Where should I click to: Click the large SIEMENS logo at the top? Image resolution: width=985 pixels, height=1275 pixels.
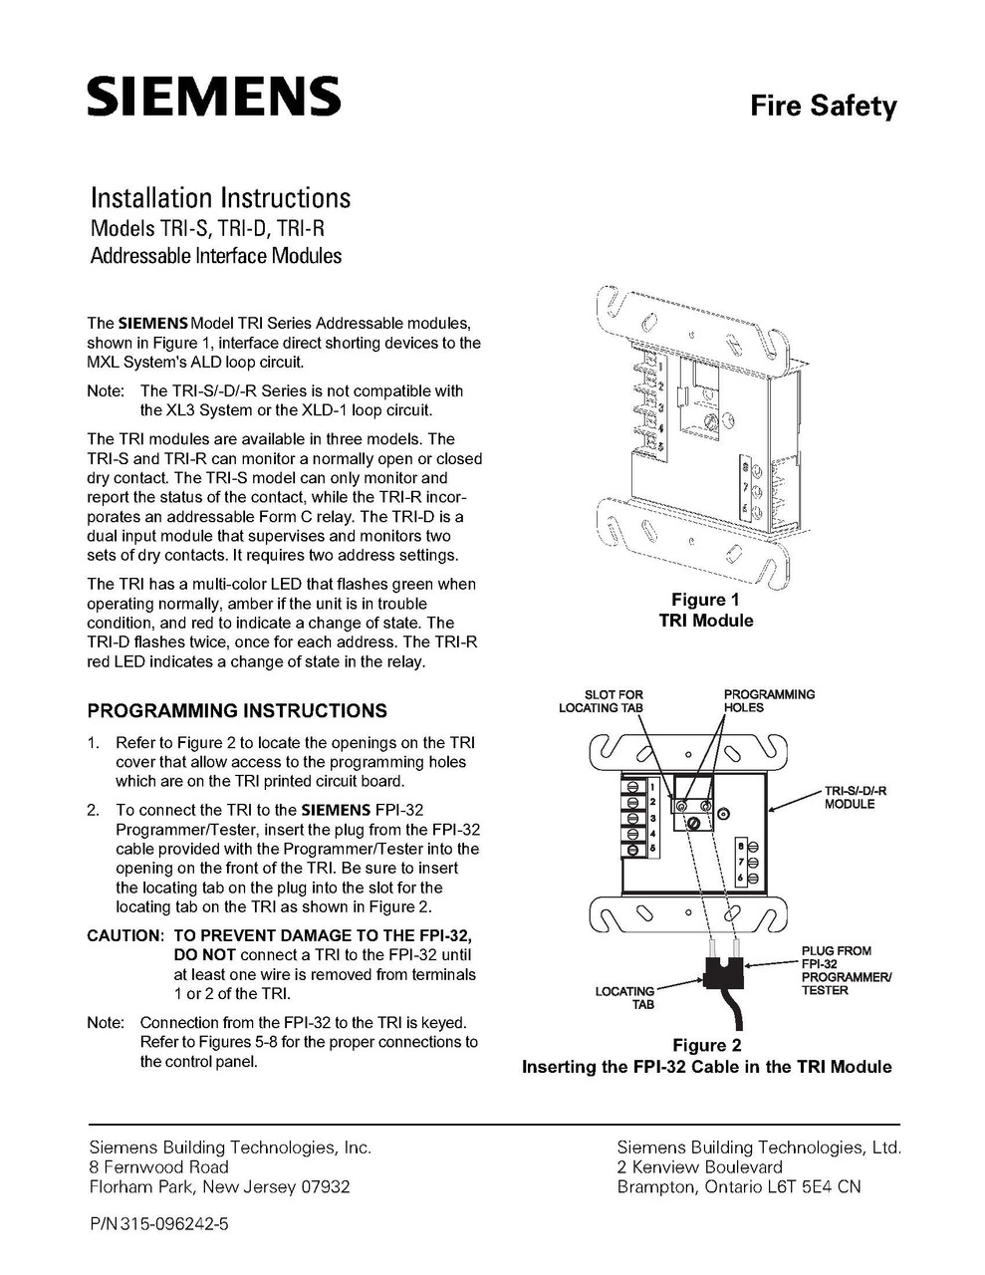(213, 98)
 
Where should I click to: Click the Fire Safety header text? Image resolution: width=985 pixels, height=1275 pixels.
(823, 107)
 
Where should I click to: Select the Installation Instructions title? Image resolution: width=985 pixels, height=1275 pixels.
(220, 197)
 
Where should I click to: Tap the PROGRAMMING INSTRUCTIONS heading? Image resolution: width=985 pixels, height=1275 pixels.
(237, 711)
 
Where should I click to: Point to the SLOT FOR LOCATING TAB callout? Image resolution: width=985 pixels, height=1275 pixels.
(601, 701)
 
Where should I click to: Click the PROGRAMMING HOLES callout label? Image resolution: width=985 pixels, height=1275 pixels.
(769, 701)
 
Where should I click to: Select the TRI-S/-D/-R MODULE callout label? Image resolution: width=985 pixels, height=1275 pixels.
(855, 797)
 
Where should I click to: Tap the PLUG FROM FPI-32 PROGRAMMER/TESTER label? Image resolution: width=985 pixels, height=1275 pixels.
(846, 970)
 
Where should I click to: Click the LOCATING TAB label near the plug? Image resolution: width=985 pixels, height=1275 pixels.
(625, 998)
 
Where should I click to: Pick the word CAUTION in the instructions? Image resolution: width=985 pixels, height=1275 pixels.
(124, 935)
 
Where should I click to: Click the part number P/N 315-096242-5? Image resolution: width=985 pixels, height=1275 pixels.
(158, 1224)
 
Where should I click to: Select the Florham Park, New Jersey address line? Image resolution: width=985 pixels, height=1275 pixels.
(219, 1186)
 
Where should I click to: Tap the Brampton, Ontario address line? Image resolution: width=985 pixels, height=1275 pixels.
(739, 1186)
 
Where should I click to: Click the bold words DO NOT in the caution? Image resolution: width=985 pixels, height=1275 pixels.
(205, 955)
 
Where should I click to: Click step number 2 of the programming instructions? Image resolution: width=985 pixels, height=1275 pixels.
(94, 810)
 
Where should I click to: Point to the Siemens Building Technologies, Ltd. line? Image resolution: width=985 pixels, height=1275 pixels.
(759, 1147)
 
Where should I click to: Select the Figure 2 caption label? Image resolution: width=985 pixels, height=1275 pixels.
(706, 1045)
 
